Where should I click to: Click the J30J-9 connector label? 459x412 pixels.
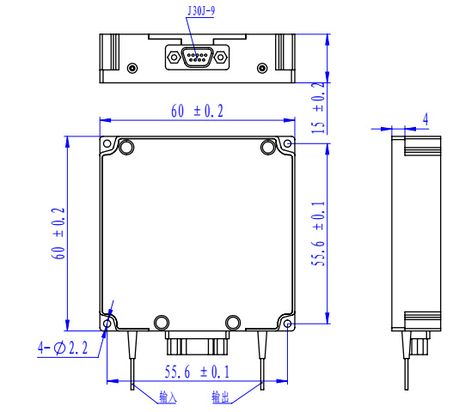(x=201, y=11)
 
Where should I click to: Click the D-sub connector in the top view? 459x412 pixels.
(x=197, y=57)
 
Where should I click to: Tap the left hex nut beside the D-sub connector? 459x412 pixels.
(x=174, y=57)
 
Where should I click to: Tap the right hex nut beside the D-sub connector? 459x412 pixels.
(x=220, y=57)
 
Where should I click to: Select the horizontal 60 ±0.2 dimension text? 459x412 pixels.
(x=198, y=111)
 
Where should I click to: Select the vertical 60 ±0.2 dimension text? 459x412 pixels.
(x=58, y=233)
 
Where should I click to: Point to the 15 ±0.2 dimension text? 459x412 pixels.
(x=318, y=108)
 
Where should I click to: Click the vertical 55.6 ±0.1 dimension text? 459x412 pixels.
(x=318, y=233)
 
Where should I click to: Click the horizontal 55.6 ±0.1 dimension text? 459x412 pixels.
(x=198, y=372)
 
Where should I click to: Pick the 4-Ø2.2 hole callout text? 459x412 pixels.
(x=63, y=348)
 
